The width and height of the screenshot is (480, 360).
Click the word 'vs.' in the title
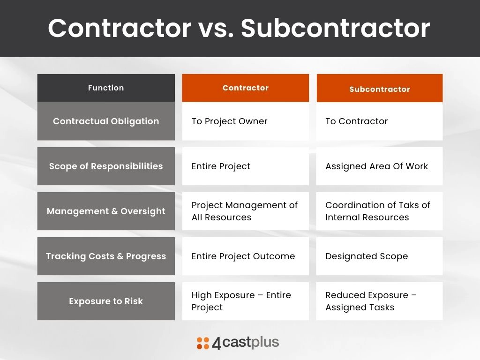pos(216,29)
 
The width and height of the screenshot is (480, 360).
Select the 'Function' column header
pos(106,88)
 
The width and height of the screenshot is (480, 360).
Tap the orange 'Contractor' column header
pos(246,88)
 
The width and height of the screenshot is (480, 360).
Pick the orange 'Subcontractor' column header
pos(380,88)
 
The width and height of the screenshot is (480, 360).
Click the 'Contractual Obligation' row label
pos(106,121)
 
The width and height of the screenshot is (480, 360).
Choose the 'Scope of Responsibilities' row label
pos(106,166)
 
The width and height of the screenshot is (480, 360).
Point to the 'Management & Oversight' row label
pos(106,211)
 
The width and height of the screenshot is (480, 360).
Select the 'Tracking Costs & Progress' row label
pos(106,256)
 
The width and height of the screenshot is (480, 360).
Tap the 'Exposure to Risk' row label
pos(106,301)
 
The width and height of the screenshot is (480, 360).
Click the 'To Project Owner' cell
pos(246,121)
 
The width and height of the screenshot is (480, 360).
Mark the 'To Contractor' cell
pos(380,121)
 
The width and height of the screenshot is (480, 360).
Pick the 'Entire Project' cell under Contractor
pos(246,166)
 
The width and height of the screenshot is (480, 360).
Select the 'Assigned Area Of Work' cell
pos(380,166)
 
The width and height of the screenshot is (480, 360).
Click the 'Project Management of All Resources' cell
pos(246,211)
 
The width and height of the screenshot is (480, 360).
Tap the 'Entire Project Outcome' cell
pos(246,256)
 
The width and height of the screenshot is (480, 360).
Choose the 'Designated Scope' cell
pos(380,256)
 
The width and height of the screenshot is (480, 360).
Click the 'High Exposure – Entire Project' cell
pos(246,301)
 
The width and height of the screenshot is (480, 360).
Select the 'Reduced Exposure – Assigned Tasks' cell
pos(380,301)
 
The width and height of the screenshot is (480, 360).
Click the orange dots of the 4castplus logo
pos(203,343)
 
